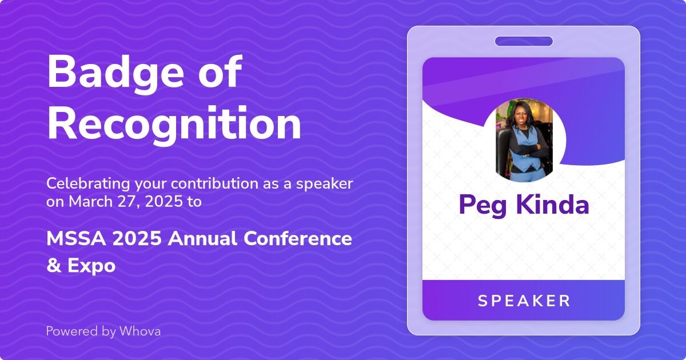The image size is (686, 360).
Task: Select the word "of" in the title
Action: click(x=221, y=71)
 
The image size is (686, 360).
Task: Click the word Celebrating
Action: click(x=88, y=184)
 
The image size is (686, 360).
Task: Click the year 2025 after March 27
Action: click(x=163, y=202)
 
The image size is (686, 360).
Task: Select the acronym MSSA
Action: click(x=76, y=238)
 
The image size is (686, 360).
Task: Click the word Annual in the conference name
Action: click(x=202, y=238)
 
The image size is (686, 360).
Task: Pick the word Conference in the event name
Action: click(x=298, y=238)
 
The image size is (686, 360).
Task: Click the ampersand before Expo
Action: click(x=54, y=265)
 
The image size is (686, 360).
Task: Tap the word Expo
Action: click(x=91, y=266)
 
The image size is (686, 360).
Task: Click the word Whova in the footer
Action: click(x=140, y=331)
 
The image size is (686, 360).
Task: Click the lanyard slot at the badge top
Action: click(x=524, y=41)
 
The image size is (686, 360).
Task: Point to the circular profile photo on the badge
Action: click(x=524, y=140)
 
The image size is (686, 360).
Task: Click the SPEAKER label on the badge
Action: click(x=524, y=301)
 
